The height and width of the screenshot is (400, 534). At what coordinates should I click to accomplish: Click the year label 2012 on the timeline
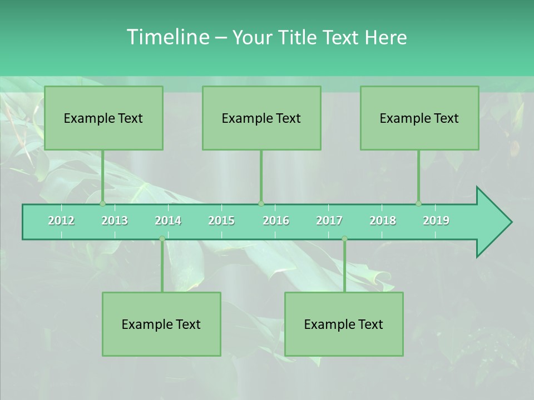tap(61, 221)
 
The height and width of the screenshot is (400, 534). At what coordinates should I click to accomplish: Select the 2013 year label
tap(115, 221)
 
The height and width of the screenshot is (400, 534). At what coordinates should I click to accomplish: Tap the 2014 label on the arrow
tap(168, 221)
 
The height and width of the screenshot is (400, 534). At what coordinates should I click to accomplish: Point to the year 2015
tap(221, 221)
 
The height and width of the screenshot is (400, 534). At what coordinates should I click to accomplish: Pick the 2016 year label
tap(276, 221)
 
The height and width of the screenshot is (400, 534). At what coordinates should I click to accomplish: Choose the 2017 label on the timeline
tap(329, 221)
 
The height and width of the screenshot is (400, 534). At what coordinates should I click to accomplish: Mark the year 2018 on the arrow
tap(383, 221)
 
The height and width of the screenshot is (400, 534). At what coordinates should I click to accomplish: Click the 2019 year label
tap(436, 221)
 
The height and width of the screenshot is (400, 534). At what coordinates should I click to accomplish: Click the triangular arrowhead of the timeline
tap(493, 222)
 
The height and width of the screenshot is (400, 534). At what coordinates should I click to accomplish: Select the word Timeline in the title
tap(167, 37)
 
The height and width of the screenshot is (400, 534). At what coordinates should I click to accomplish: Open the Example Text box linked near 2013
tap(103, 118)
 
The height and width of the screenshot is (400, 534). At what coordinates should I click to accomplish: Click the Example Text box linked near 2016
tap(261, 118)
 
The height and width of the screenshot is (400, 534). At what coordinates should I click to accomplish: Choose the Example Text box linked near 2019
tap(419, 118)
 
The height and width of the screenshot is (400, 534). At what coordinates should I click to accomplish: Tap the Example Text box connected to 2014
tap(161, 324)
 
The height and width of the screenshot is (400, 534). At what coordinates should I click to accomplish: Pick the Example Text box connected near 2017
tap(344, 324)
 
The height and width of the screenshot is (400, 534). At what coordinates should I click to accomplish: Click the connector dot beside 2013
tap(102, 204)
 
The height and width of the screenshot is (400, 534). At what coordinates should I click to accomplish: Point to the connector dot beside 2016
tap(261, 204)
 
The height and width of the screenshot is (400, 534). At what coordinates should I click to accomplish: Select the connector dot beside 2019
tap(418, 204)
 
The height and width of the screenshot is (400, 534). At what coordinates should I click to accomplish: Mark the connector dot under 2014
tap(162, 239)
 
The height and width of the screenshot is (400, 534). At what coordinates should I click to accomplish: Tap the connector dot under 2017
tap(344, 239)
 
